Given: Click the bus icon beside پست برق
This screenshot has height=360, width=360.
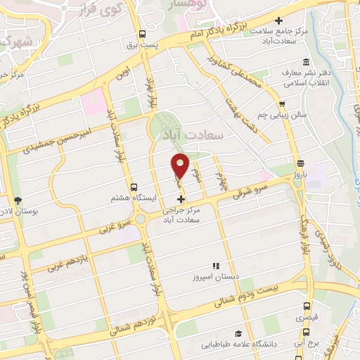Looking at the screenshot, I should (x=143, y=34).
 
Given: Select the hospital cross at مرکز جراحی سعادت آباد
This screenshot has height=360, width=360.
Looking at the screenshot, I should (x=181, y=200).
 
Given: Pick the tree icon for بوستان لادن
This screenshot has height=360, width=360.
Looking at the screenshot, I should (x=18, y=200).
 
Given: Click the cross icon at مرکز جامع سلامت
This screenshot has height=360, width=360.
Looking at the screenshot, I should (x=280, y=20).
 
